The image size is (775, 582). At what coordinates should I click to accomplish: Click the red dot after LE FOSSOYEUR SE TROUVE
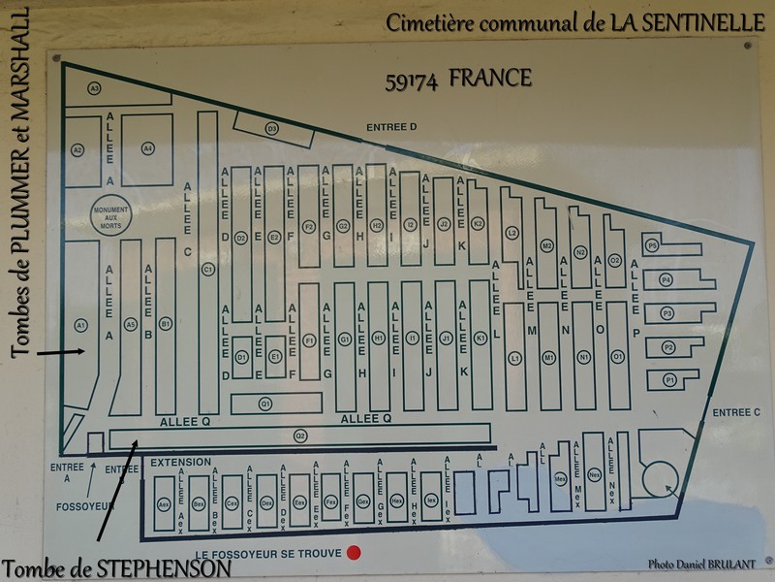pyautogui.click(x=355, y=553)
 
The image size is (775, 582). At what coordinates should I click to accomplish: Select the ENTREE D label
pyautogui.click(x=391, y=127)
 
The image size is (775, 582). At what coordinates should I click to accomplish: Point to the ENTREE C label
pyautogui.click(x=738, y=412)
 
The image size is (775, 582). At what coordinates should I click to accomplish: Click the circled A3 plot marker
pyautogui.click(x=94, y=89)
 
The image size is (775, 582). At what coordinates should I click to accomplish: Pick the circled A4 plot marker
pyautogui.click(x=148, y=148)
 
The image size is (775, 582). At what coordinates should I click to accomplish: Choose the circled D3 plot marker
pyautogui.click(x=272, y=128)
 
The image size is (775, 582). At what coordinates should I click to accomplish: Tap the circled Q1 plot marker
pyautogui.click(x=265, y=403)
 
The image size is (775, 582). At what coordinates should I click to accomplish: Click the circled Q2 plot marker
pyautogui.click(x=300, y=436)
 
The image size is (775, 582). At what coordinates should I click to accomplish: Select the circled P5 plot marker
pyautogui.click(x=653, y=246)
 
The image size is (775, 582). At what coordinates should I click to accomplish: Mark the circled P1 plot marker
pyautogui.click(x=668, y=381)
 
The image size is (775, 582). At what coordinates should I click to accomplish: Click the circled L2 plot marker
pyautogui.click(x=512, y=232)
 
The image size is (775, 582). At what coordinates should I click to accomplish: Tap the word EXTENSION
pyautogui.click(x=180, y=463)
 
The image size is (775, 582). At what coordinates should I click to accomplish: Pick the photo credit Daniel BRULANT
pyautogui.click(x=703, y=564)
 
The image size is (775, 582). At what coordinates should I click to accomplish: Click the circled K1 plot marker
pyautogui.click(x=480, y=338)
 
